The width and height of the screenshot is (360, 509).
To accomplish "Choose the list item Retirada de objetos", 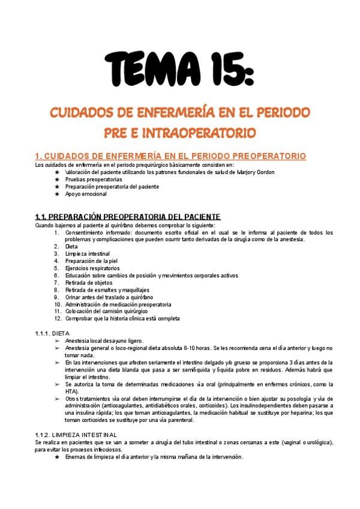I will tap(90, 283).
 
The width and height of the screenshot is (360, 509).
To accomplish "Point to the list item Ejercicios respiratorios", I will tap(93, 268).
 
